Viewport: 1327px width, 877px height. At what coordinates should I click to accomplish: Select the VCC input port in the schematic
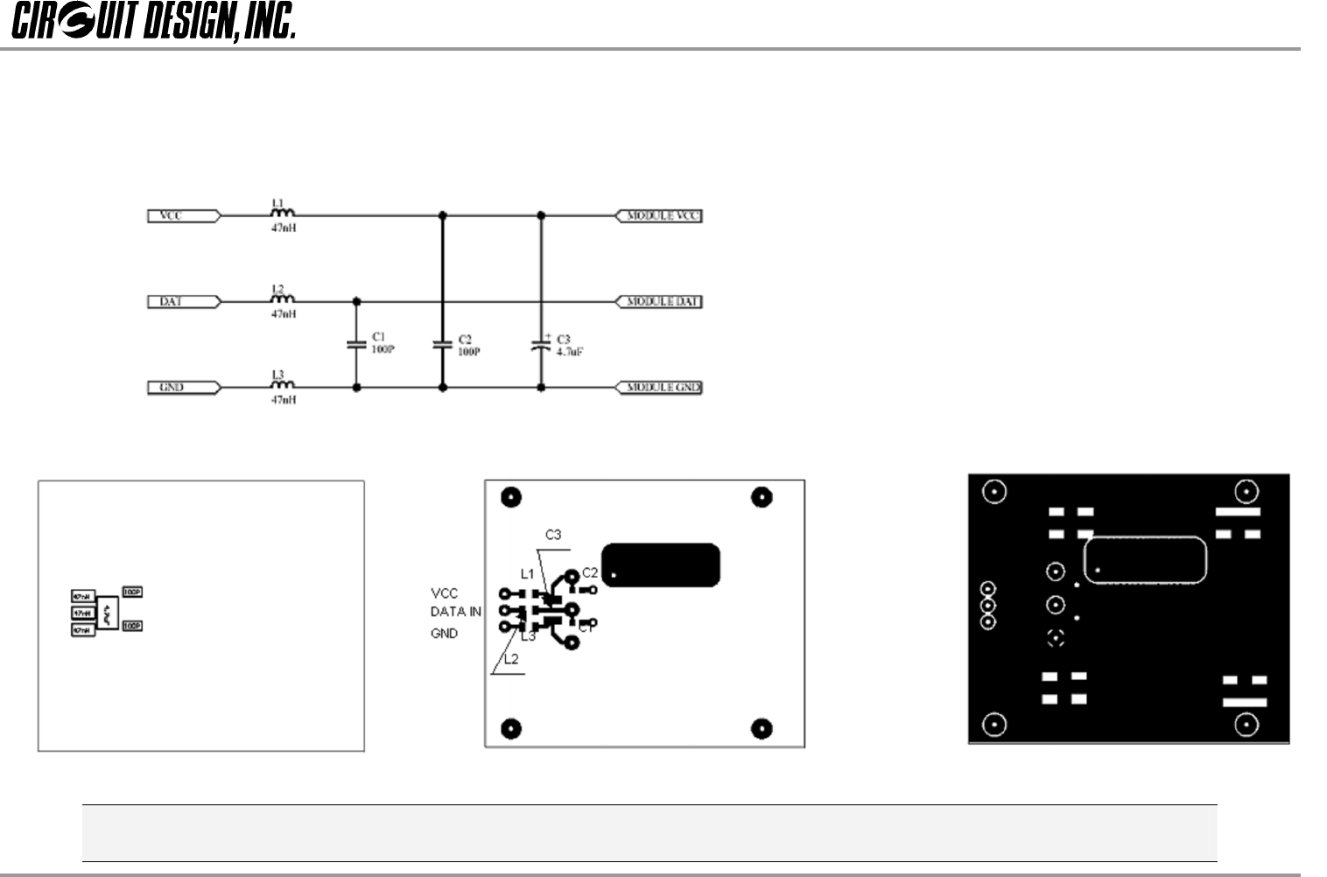(x=182, y=215)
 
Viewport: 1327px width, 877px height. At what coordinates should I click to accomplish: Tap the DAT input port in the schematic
(x=182, y=302)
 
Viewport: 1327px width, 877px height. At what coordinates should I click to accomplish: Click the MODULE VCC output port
(x=660, y=215)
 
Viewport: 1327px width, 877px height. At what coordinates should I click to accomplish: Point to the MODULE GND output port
(x=660, y=388)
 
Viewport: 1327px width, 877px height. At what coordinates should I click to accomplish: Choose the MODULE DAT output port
(x=660, y=302)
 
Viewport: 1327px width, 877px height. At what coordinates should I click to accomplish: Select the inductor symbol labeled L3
(x=282, y=384)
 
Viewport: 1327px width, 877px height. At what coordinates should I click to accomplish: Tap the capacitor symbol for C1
(x=356, y=345)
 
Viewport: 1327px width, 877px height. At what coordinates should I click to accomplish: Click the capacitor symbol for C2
(x=442, y=345)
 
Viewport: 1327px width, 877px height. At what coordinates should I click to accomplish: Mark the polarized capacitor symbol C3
(x=540, y=345)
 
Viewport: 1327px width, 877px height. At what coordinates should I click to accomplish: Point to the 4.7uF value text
(x=570, y=352)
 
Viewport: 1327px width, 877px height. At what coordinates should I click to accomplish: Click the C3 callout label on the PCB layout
(x=553, y=535)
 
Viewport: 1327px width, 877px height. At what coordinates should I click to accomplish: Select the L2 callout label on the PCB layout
(x=511, y=659)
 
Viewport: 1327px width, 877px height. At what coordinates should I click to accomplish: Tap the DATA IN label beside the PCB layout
(x=455, y=612)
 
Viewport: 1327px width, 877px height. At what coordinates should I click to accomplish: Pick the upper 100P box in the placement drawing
(x=132, y=593)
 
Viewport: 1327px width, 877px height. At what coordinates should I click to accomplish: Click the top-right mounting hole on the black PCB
(x=1246, y=491)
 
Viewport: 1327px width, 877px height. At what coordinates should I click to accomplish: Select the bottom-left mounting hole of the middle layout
(x=510, y=728)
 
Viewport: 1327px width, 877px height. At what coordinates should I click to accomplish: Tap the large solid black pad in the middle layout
(x=663, y=565)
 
